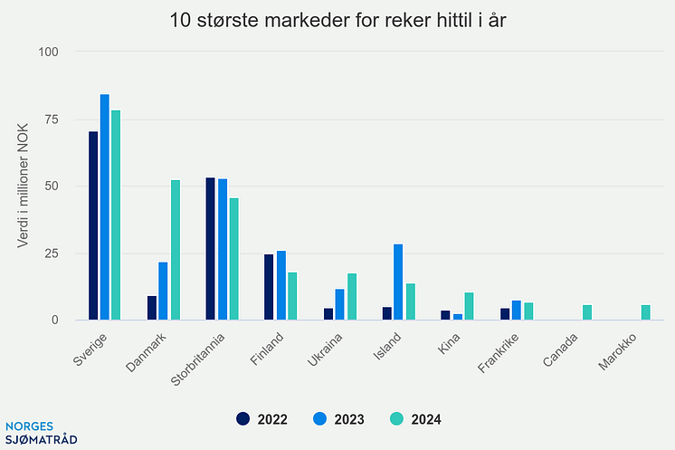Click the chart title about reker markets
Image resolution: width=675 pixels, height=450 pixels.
point(337,20)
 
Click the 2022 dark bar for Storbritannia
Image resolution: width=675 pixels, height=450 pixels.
point(211,249)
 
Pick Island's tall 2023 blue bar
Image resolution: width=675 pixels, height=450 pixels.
point(398,282)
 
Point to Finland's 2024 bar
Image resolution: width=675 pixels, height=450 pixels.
point(292,296)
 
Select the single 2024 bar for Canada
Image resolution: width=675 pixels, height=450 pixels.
point(587,312)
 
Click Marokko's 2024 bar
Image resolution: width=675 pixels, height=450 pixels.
point(646,312)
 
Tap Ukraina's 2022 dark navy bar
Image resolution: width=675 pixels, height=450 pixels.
point(328,314)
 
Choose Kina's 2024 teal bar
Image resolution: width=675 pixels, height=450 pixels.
point(469,306)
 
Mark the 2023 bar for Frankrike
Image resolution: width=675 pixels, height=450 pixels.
point(516,311)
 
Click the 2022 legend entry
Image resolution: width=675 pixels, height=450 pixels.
point(261,418)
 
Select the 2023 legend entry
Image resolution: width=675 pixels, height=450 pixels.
point(337,418)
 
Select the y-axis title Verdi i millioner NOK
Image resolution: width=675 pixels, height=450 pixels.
point(24,186)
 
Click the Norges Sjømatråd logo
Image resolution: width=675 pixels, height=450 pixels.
point(41,432)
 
